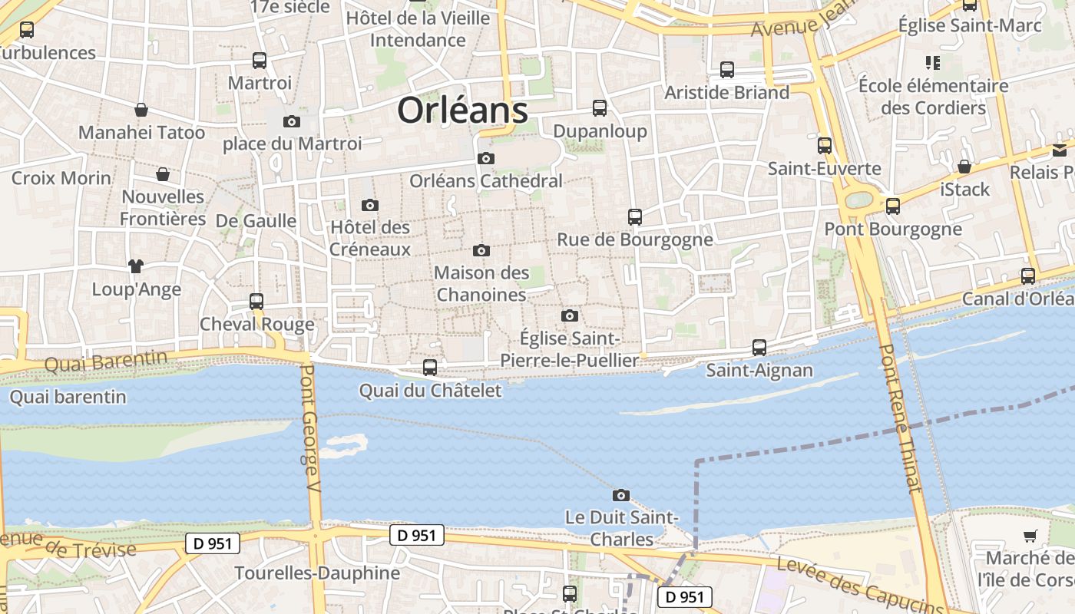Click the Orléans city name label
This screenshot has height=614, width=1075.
coord(462,111)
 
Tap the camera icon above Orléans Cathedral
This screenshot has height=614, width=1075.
coord(486,159)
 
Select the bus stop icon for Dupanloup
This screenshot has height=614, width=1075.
coord(600,108)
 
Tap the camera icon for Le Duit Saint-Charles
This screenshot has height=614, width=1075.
coord(621,495)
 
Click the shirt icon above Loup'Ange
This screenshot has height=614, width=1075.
coord(136,266)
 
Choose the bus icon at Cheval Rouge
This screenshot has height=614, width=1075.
coord(256,302)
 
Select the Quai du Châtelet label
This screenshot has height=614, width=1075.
coord(430,391)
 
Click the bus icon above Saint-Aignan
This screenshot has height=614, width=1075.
coord(759,348)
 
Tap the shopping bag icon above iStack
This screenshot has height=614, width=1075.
coord(964,167)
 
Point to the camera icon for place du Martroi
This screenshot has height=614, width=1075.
coord(292,121)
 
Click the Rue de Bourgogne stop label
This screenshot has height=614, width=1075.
coord(635,239)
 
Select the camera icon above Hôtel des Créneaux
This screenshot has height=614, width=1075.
coord(370,205)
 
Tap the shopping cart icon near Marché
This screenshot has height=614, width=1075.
coord(1030,536)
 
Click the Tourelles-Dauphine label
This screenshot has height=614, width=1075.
coord(317,573)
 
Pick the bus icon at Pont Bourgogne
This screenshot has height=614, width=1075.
coord(893,206)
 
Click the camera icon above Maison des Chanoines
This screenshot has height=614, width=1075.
coord(481,250)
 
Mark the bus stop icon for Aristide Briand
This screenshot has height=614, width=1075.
coord(727,70)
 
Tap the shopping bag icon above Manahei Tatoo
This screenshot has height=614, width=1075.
coord(141,110)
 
